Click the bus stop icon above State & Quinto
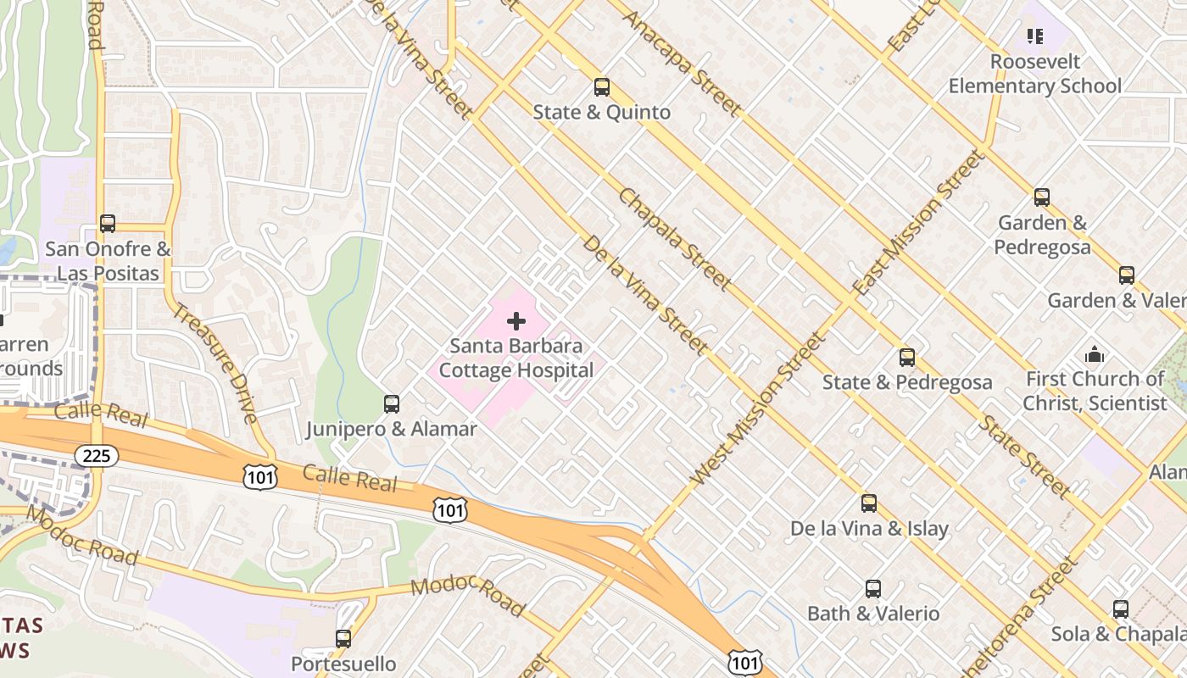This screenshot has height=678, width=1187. [602, 86]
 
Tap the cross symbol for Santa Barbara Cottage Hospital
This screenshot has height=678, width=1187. [516, 321]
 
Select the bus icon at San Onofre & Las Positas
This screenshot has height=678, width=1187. [108, 224]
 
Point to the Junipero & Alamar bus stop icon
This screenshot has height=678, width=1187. [392, 404]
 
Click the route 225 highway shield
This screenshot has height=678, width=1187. [97, 456]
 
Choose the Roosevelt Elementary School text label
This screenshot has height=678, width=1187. [1034, 74]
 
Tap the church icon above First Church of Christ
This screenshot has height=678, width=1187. [1095, 354]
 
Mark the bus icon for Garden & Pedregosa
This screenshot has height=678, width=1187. [1042, 197]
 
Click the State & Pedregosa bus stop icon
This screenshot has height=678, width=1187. [907, 358]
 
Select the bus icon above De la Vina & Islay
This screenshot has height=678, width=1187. [869, 503]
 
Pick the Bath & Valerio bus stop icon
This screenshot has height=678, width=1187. [873, 589]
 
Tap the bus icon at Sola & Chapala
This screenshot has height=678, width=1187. [1121, 609]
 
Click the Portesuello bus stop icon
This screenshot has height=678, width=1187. [343, 639]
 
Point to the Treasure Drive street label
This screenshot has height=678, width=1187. [215, 363]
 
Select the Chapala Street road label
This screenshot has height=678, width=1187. [675, 239]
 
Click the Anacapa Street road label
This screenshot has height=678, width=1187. [683, 63]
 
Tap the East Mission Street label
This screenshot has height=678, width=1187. [920, 223]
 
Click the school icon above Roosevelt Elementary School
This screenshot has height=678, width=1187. [1034, 36]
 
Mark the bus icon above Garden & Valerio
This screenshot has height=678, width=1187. [1127, 275]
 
